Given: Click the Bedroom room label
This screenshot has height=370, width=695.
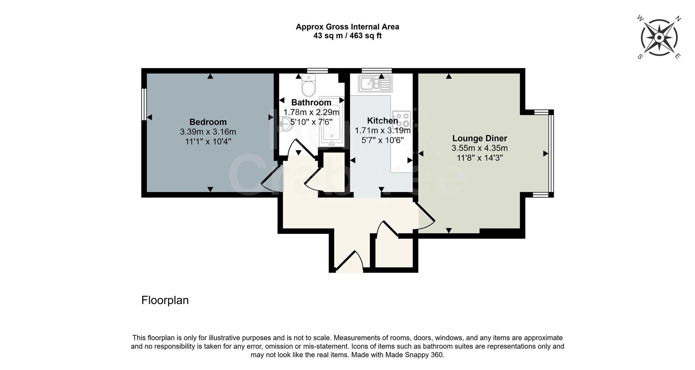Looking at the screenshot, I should (x=208, y=122).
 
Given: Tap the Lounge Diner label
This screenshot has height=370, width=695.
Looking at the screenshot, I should (x=480, y=138).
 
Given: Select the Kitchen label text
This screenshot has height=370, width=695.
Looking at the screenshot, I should (x=382, y=121).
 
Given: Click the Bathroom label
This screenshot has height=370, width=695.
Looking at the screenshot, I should (x=311, y=102).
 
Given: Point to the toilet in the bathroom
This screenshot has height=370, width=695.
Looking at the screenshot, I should (x=309, y=85).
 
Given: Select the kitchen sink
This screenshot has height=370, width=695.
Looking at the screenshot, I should (x=375, y=84).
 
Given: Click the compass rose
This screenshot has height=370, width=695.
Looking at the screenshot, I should (x=659, y=38).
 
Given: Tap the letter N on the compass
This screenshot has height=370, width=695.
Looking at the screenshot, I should (x=678, y=19).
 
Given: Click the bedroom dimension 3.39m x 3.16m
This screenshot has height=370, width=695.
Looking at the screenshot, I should (x=208, y=132).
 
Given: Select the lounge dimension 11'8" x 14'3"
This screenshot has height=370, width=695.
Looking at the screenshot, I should (x=480, y=158).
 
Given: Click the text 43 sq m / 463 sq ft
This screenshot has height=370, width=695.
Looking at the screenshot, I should (x=347, y=36).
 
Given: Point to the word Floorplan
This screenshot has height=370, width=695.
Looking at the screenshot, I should (x=165, y=300).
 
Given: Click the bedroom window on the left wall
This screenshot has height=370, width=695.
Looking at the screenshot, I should (x=144, y=104).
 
